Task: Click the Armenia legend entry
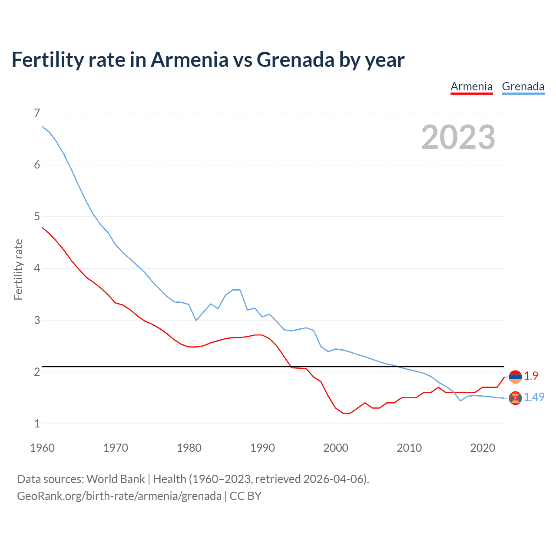tap(471, 86)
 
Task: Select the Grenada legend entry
tap(523, 86)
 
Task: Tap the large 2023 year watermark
tap(458, 137)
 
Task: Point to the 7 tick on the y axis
tap(37, 113)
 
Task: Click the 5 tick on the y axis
tap(37, 216)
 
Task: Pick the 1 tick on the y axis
tap(37, 424)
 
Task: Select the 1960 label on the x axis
tap(42, 448)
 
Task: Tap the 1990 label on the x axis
tap(262, 448)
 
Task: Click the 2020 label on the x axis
tap(483, 448)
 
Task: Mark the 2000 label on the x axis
tap(336, 448)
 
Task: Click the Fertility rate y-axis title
tap(18, 269)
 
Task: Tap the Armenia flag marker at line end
tap(515, 377)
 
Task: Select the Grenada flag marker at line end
tap(515, 398)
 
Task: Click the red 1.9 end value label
tap(531, 376)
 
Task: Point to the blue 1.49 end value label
tap(534, 397)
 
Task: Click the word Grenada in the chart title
tap(295, 60)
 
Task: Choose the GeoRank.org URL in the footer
tap(119, 496)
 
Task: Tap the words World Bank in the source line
tap(116, 479)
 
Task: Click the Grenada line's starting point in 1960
tap(42, 126)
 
